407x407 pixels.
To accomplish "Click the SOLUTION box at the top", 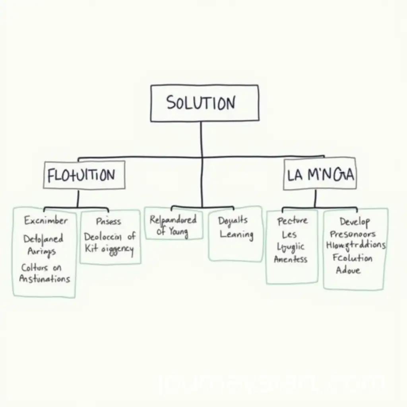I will (204, 103).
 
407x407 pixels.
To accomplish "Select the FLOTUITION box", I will (84, 175).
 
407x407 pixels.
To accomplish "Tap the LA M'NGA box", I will (320, 174).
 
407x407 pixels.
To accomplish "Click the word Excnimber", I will (46, 220).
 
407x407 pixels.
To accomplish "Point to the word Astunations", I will (45, 279).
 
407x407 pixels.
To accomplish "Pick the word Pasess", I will (109, 221).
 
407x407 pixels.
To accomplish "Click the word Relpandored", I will (173, 219).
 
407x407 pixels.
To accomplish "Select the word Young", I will (178, 231).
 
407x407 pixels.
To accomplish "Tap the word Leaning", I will (236, 234).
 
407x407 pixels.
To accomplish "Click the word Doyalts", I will (233, 220).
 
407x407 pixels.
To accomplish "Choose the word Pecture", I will (293, 221).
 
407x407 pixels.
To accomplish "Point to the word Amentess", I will (291, 260).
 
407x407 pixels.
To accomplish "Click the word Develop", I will (355, 221).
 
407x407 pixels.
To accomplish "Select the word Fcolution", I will (353, 258).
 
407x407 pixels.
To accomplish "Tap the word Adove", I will (348, 270).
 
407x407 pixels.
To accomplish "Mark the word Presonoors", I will (353, 234).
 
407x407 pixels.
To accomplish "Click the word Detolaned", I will (43, 239).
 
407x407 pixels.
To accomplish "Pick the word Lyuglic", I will (291, 247).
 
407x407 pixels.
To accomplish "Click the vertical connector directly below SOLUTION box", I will (201, 139).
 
